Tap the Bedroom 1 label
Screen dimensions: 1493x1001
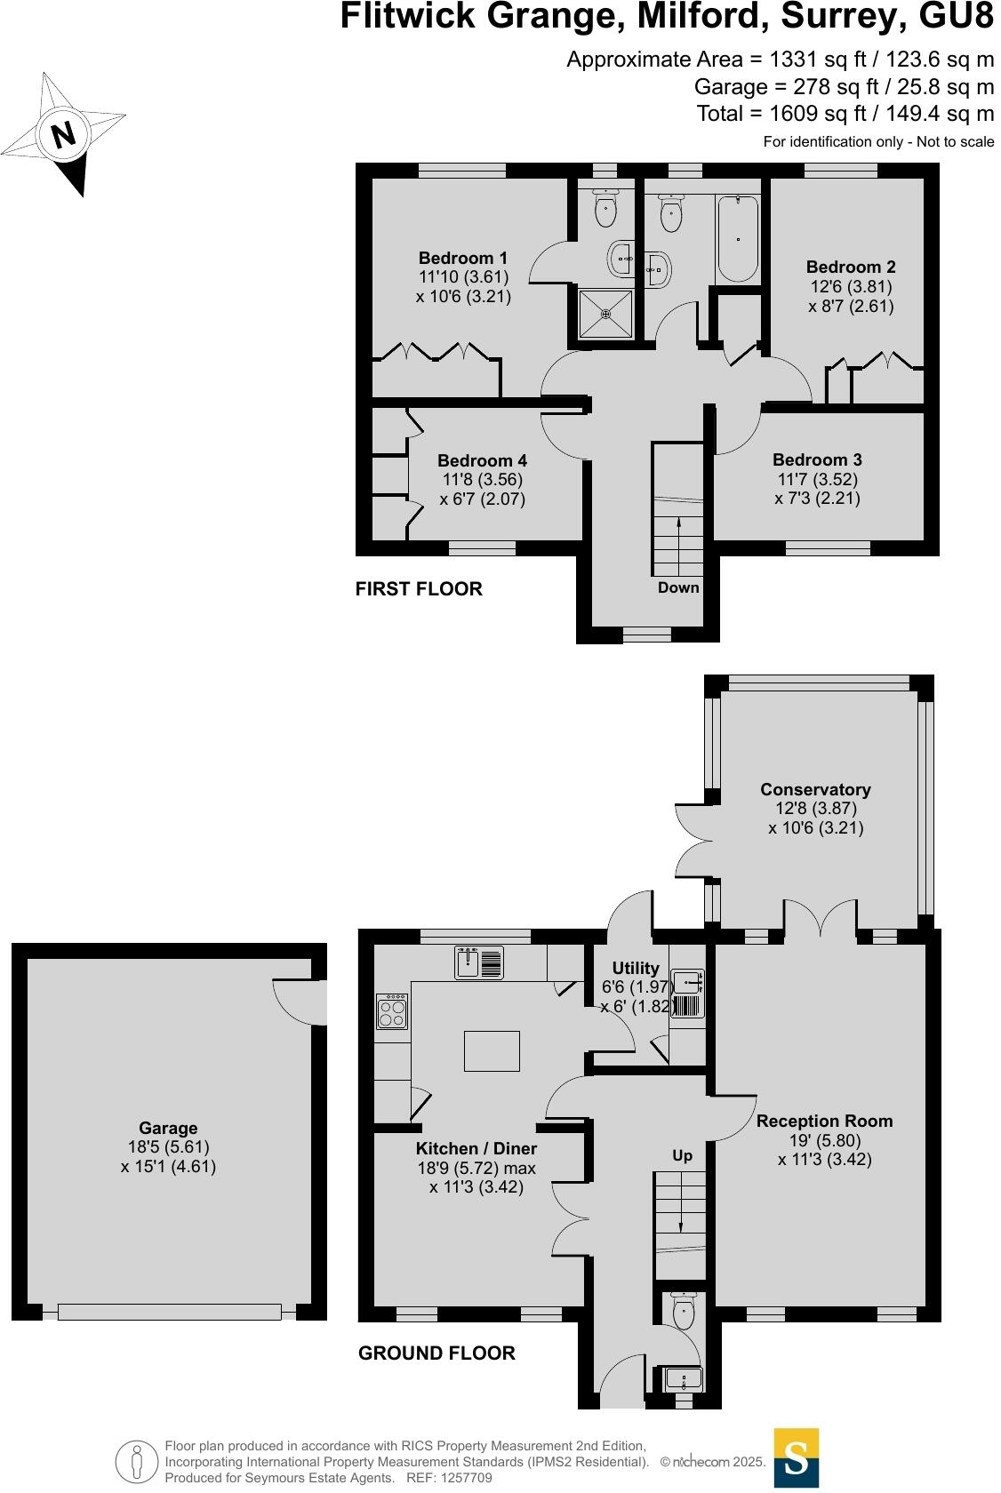pyautogui.click(x=463, y=259)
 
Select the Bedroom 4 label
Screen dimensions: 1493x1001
pyautogui.click(x=482, y=460)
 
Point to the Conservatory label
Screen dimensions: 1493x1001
pyautogui.click(x=815, y=789)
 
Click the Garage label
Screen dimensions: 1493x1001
pyautogui.click(x=168, y=1128)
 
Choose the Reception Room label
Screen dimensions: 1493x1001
pyautogui.click(x=824, y=1121)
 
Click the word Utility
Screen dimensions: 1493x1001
pyautogui.click(x=636, y=968)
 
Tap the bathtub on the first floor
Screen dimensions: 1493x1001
pyautogui.click(x=738, y=238)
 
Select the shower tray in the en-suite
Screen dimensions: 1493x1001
pyautogui.click(x=606, y=314)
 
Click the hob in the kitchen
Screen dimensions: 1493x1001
pyautogui.click(x=393, y=1012)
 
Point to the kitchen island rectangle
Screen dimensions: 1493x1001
pyautogui.click(x=492, y=1050)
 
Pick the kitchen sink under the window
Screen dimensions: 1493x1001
pyautogui.click(x=479, y=962)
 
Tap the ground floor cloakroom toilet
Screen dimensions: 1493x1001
pyautogui.click(x=684, y=1312)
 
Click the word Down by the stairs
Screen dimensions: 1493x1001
pyautogui.click(x=678, y=587)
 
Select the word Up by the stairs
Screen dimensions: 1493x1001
pyautogui.click(x=682, y=1155)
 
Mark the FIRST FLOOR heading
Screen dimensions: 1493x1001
pyautogui.click(x=419, y=589)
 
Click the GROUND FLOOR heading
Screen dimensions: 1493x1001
pyautogui.click(x=436, y=1353)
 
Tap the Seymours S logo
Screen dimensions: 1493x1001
pyautogui.click(x=796, y=1457)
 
